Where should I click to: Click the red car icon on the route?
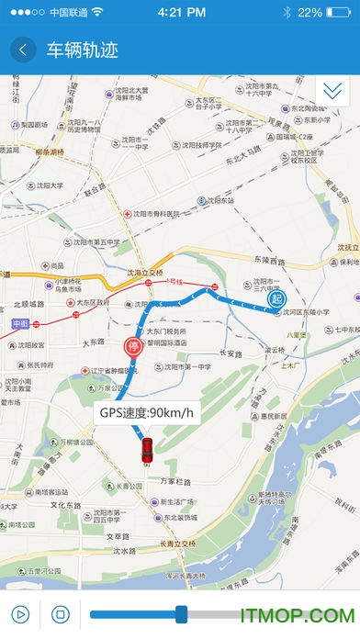coord(145,451)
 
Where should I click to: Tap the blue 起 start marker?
coord(276,298)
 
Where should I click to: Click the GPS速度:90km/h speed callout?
coord(146,412)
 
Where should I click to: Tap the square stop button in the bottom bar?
coord(60,614)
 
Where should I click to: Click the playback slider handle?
coord(181,614)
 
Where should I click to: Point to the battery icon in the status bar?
coord(340,13)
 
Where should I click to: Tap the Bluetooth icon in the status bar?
coord(287,13)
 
